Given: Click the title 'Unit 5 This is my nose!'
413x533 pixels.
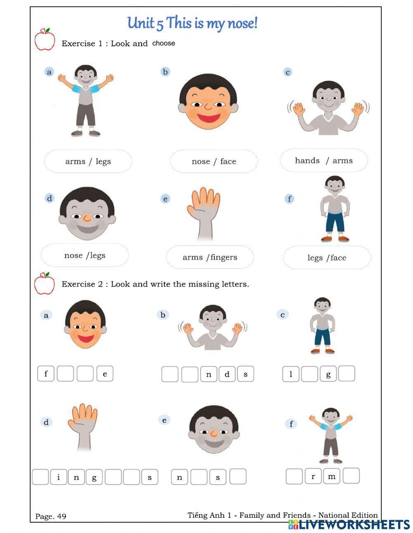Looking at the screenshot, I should point(192,23).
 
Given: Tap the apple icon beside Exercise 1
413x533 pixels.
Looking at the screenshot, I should point(45,40).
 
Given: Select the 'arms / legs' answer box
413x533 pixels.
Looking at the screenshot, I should point(88,161).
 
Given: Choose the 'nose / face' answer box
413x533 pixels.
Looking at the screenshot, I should point(214,161).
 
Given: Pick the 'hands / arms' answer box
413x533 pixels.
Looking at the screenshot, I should point(323,161).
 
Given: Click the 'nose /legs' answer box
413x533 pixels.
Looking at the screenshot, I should point(85,256).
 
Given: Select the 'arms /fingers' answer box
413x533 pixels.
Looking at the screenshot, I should point(210,257).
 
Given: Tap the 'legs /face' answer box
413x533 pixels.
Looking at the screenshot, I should point(327,258).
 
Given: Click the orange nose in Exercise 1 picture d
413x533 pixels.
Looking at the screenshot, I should point(87,218).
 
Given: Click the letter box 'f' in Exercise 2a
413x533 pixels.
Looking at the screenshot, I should point(46,374).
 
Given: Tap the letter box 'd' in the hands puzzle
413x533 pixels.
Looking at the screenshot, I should point(227,374).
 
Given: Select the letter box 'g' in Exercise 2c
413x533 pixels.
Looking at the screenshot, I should point(328,374).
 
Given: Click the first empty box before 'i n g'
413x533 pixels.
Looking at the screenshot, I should point(40,477).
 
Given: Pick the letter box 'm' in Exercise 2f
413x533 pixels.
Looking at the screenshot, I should point(332,476).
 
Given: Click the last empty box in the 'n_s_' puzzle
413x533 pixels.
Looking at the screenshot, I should point(238,477).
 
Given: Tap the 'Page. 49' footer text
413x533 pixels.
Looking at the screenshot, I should point(51,516).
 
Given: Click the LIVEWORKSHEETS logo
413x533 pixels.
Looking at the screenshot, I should point(349,525).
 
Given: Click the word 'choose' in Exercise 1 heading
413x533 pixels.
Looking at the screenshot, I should point(164,43).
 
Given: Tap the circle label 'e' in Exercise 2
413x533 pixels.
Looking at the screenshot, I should point(164,420).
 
